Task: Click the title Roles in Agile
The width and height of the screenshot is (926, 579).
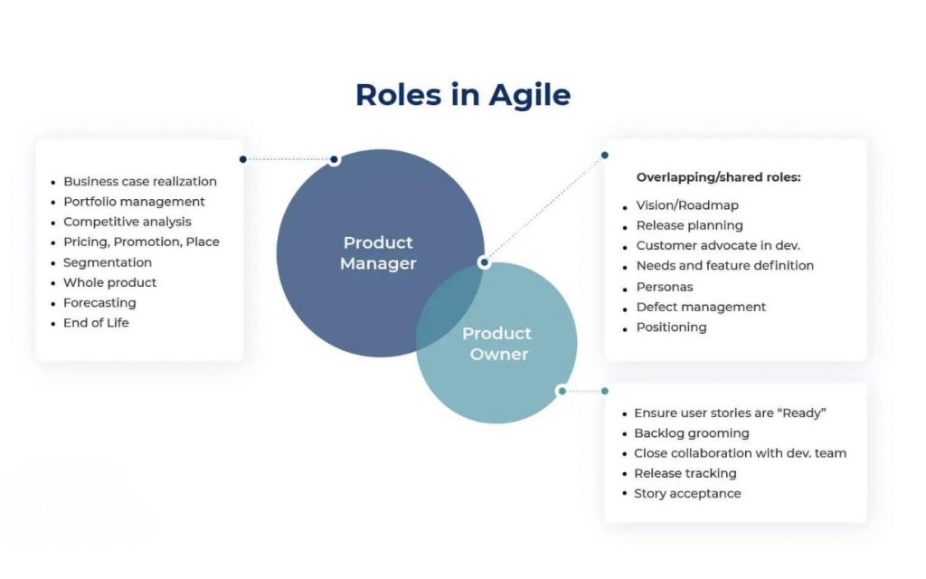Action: point(463,94)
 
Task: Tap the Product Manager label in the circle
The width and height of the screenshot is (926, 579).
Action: point(378,253)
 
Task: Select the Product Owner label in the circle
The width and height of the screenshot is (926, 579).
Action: point(497,344)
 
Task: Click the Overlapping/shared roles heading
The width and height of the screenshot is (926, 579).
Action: point(718,177)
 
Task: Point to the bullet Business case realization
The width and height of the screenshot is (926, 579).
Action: point(140,181)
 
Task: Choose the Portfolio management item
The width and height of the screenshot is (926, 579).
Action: point(134,202)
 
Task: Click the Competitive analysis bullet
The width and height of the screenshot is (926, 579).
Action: point(128,222)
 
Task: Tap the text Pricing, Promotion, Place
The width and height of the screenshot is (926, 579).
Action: point(141,242)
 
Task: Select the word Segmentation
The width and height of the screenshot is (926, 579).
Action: point(108,262)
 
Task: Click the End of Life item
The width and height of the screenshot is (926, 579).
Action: point(96,323)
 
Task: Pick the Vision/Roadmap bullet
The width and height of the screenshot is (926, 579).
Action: point(687,205)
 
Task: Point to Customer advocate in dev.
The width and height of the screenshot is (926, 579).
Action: point(718,245)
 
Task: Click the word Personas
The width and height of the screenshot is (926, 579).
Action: point(665,287)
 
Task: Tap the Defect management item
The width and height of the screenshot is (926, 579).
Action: point(701,308)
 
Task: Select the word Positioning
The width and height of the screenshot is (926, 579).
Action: point(672,327)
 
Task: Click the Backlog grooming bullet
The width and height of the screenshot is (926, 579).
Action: point(692,433)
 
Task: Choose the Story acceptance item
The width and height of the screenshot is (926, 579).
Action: point(687,493)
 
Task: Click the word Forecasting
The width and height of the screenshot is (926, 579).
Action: point(99,302)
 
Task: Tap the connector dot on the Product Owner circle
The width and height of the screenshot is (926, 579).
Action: point(562,391)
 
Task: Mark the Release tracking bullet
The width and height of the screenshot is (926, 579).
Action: point(685,473)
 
